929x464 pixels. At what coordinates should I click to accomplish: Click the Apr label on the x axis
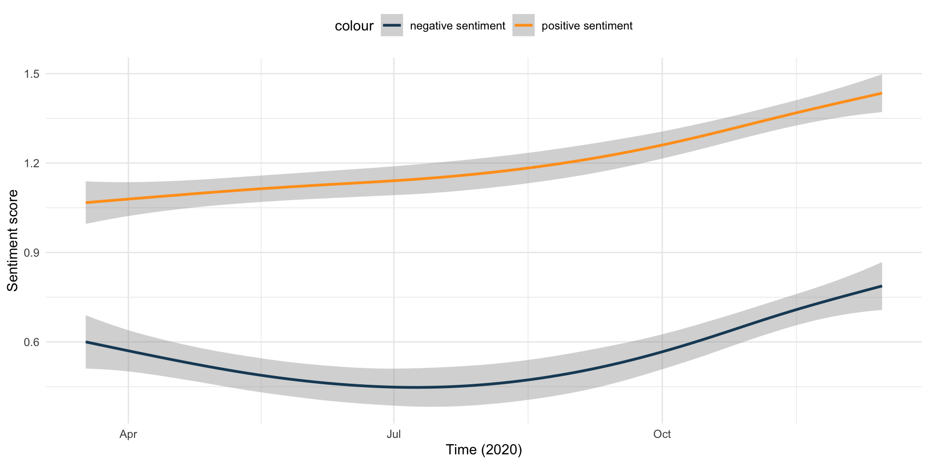point(128,434)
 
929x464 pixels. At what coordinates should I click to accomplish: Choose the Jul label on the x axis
point(394,434)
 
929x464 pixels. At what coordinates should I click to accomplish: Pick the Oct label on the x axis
point(662,434)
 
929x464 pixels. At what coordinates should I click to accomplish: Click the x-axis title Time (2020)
point(484,450)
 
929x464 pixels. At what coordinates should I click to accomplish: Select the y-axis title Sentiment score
point(13,240)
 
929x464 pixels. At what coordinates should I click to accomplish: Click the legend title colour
point(354,26)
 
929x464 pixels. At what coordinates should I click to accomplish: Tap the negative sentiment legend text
point(457,26)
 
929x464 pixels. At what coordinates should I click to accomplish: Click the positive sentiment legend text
point(587,26)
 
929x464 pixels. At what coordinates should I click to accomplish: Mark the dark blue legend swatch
point(392,26)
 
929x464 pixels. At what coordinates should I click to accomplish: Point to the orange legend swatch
point(524,26)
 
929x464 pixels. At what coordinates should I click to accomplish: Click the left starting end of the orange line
point(86,203)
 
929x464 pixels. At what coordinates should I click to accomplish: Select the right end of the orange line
point(882,93)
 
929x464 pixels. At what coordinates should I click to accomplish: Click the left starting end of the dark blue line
point(86,342)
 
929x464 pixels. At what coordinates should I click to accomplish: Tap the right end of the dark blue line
point(882,286)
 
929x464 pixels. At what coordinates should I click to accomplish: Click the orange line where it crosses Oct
point(662,145)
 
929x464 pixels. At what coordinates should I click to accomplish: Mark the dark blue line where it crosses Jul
point(394,387)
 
